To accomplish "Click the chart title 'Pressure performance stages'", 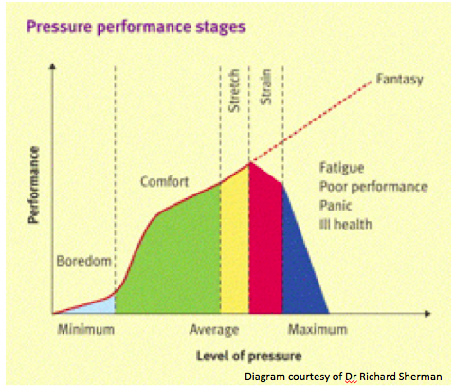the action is (x=136, y=28).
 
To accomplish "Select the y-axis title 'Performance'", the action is (x=33, y=185).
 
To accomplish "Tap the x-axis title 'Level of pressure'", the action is (x=249, y=356).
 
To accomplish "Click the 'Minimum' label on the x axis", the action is (x=86, y=329).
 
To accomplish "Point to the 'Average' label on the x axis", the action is (x=214, y=330).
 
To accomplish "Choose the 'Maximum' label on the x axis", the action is (x=318, y=329).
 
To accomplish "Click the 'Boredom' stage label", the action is (x=84, y=261).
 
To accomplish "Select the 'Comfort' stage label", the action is (x=165, y=182).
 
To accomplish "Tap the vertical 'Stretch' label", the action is (x=234, y=91).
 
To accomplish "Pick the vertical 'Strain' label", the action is (x=265, y=87).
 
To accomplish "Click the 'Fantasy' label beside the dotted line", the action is (x=400, y=80).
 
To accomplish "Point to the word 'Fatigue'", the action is (x=342, y=168).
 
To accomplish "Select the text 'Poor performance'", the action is (x=373, y=187).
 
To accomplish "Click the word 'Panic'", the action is (x=336, y=206).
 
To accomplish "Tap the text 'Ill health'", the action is (x=346, y=225).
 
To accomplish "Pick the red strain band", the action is (x=265, y=244).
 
